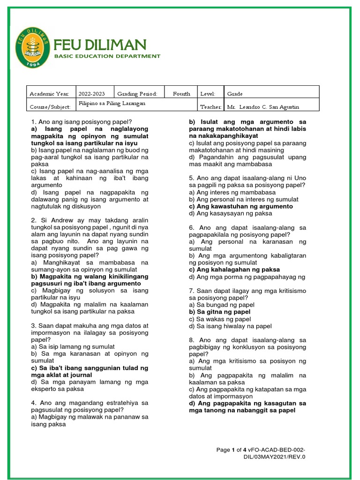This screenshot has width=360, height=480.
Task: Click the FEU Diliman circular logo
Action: [32, 47]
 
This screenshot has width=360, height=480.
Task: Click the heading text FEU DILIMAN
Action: [100, 45]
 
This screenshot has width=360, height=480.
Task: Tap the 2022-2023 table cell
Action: [92, 94]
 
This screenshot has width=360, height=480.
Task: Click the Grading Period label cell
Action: [134, 94]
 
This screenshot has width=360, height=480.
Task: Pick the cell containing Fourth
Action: [181, 94]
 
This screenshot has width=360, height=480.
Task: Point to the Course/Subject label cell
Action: [50, 107]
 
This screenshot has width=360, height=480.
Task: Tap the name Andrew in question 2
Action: [58, 220]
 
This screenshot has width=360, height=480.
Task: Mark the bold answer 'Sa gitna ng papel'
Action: [219, 312]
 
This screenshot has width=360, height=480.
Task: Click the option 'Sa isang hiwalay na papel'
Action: [230, 326]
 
